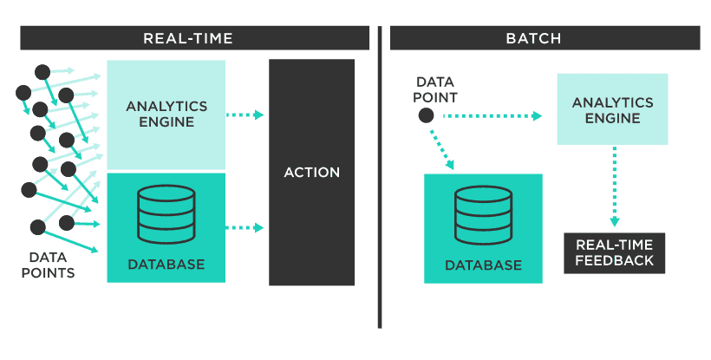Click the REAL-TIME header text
tap(188, 38)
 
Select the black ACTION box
tap(311, 173)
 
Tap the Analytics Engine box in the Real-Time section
tap(166, 114)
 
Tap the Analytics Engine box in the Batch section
tap(612, 110)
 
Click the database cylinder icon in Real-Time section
tap(166, 214)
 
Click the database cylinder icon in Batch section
tap(483, 216)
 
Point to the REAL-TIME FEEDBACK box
tap(614, 252)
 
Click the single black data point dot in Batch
tap(426, 115)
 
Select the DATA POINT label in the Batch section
tap(436, 89)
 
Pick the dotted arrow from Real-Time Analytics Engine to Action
tap(245, 115)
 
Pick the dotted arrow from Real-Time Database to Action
tap(245, 228)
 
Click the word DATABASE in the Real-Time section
tap(166, 264)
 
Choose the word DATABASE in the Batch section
tap(483, 265)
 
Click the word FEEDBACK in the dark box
tap(614, 260)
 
